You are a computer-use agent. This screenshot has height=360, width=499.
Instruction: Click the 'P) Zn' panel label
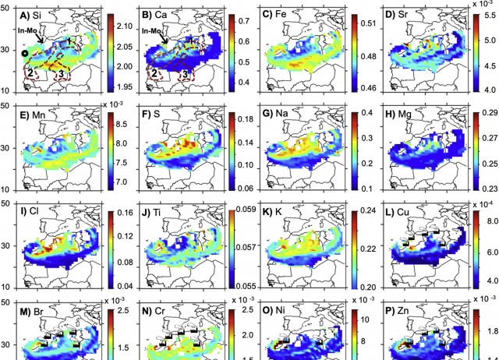point(399,309)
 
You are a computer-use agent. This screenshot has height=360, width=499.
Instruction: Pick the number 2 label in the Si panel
point(30,73)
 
